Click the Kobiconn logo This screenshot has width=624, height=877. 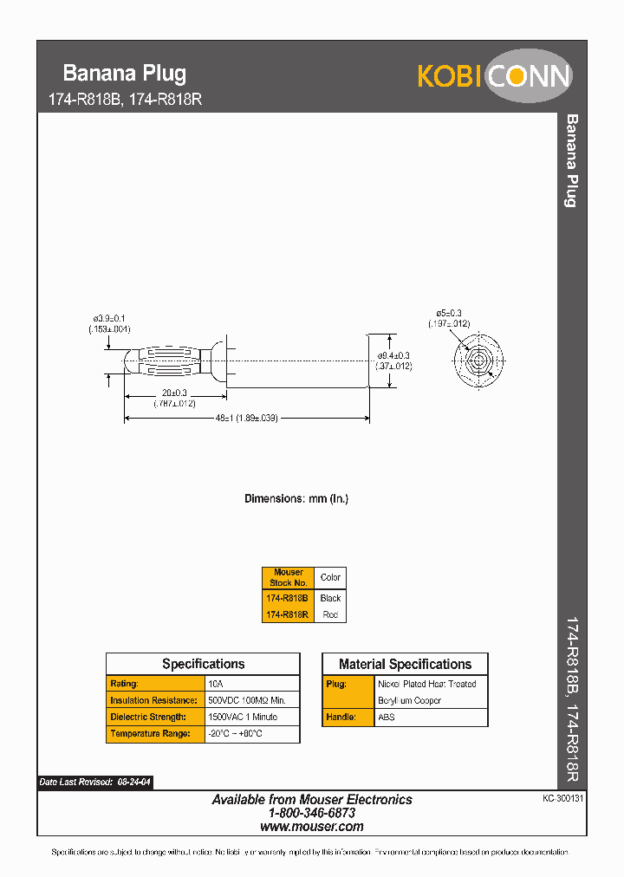click(x=494, y=76)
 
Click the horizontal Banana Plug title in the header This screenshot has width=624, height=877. click(x=125, y=74)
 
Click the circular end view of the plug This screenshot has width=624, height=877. click(x=477, y=359)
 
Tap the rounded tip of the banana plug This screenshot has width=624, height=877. click(x=130, y=361)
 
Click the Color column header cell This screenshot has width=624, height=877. click(x=330, y=577)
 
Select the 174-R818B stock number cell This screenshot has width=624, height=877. click(x=288, y=598)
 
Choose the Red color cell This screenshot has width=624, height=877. click(x=330, y=614)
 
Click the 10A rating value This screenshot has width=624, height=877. click(x=216, y=684)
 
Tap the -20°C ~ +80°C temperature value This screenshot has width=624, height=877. click(x=235, y=733)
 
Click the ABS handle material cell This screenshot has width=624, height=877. click(x=387, y=717)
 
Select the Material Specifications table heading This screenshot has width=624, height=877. click(x=405, y=665)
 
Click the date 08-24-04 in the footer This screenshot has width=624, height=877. click(x=134, y=782)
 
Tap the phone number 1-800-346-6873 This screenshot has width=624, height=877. click(x=311, y=813)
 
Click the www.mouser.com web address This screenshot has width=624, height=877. click(x=311, y=827)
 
